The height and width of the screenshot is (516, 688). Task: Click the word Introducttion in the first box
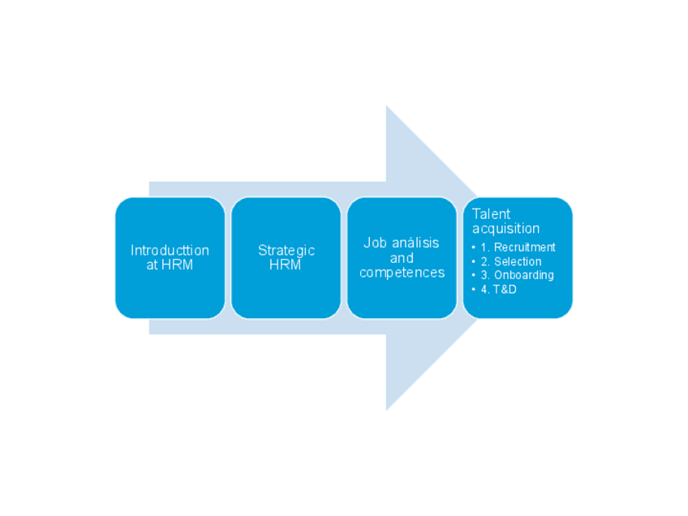pos(170,250)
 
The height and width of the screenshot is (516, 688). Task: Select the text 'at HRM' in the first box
pos(170,264)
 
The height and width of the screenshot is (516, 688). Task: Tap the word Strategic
pos(286,250)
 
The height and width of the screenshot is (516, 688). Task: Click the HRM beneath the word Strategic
pos(286,264)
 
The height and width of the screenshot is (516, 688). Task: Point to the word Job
pos(375,243)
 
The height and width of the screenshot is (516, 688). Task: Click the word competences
pos(402,273)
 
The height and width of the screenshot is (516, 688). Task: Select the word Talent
pos(491,214)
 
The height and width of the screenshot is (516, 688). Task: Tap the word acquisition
pos(505,229)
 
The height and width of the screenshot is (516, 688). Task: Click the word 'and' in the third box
pos(402,258)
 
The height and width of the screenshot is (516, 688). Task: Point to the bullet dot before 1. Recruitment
pos(474,247)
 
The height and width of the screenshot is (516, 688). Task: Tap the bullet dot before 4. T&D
pos(474,289)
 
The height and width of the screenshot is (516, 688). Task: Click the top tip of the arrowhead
pos(387,107)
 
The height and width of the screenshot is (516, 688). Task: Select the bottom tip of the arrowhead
pos(387,409)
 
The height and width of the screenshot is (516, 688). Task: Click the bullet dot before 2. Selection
pos(474,261)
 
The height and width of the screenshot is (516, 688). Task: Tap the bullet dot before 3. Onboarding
pos(474,275)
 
